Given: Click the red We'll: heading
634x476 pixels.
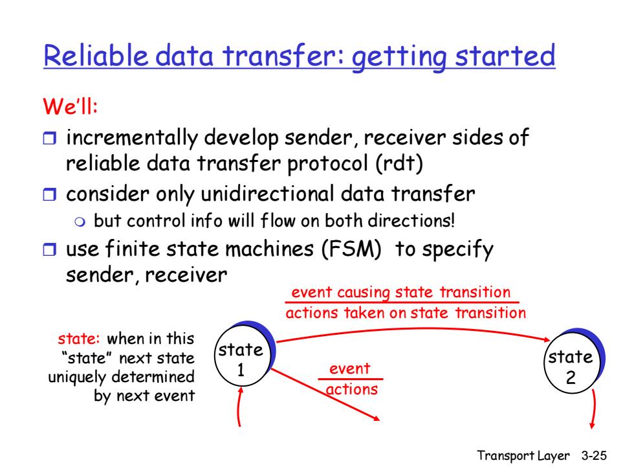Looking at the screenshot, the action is [71, 106].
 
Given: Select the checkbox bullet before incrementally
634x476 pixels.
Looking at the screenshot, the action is [50, 138].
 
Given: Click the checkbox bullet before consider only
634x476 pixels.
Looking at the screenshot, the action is [50, 194].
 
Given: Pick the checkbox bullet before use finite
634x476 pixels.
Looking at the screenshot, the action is [50, 249].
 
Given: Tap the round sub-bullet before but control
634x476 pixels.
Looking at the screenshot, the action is [80, 221].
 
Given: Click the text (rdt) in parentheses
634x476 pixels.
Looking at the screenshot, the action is [399, 164].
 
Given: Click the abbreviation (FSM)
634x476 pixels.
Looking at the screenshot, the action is [351, 249].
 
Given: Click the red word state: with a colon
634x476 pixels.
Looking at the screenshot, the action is [78, 338].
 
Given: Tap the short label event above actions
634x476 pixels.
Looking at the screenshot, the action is [350, 368].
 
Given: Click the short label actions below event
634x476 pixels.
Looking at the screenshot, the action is [352, 389].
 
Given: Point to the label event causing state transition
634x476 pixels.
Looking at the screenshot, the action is [401, 292].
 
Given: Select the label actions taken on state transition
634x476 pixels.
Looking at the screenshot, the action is [406, 313].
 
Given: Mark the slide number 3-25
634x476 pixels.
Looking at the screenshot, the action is [594, 455].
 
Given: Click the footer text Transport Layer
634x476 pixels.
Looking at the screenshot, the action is [523, 456].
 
